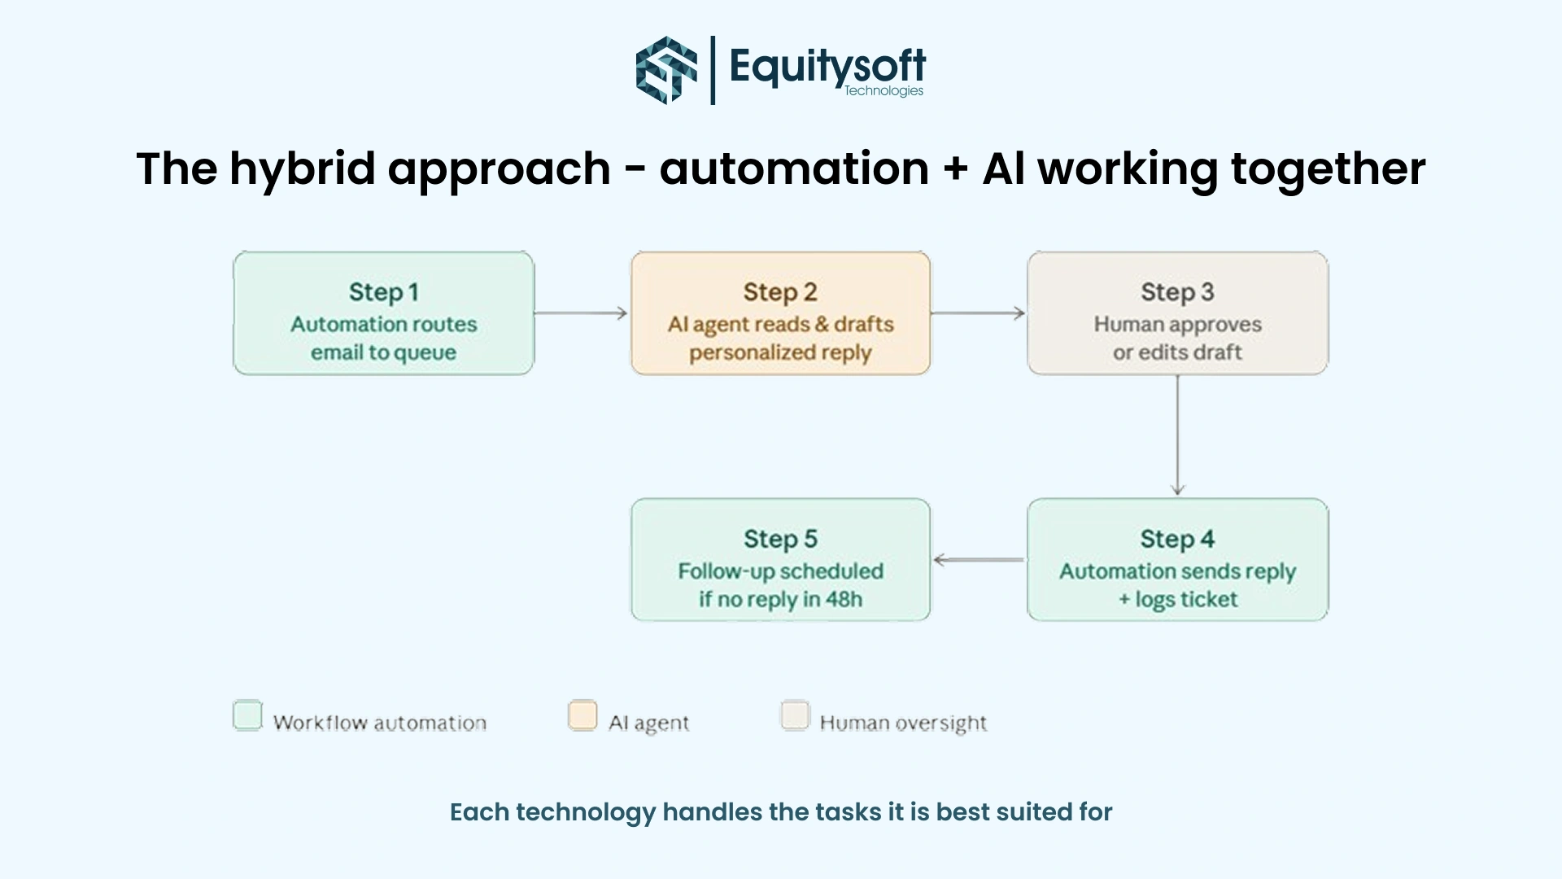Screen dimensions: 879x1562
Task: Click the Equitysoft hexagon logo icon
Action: point(666,70)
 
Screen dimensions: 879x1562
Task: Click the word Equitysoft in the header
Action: point(827,64)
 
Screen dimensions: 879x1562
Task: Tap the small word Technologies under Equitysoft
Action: point(884,90)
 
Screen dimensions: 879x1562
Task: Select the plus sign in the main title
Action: point(955,169)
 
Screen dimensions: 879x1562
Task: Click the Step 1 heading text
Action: point(383,291)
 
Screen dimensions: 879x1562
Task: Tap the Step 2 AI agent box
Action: point(780,313)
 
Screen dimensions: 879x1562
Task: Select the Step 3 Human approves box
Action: point(1177,313)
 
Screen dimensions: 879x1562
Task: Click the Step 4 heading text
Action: point(1177,539)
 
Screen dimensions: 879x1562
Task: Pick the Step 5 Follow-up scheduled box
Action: point(780,560)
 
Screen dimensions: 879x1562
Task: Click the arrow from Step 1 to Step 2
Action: point(582,313)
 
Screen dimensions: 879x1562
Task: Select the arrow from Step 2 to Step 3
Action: point(978,313)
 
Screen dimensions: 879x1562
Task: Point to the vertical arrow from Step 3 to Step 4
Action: point(1177,435)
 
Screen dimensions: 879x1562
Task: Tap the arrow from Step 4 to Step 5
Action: point(978,560)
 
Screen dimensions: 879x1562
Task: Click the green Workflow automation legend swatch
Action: point(247,715)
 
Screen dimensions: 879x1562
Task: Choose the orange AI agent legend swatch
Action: point(582,715)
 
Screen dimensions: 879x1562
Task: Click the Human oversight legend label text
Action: point(903,723)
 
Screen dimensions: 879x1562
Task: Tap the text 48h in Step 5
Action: point(844,599)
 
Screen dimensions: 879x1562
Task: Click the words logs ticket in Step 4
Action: point(1186,600)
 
